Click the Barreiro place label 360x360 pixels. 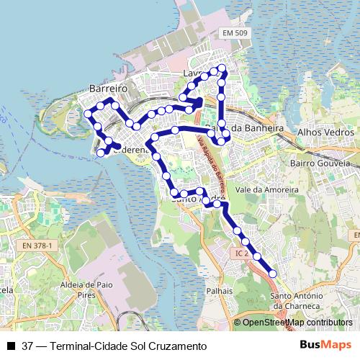pyautogui.click(x=108, y=87)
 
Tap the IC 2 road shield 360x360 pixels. pyautogui.click(x=241, y=253)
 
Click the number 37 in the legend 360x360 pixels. pyautogui.click(x=27, y=346)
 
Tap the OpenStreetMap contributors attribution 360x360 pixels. pyautogui.click(x=297, y=323)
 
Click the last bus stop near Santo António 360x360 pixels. pyautogui.click(x=273, y=273)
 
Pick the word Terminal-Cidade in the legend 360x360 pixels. pyautogui.click(x=84, y=346)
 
